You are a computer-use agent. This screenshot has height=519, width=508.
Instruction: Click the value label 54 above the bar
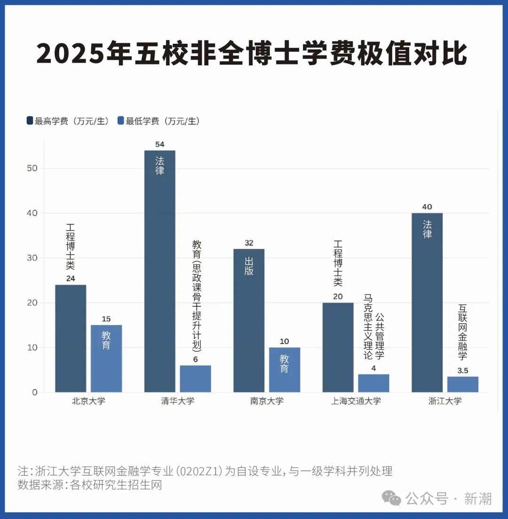coord(159,144)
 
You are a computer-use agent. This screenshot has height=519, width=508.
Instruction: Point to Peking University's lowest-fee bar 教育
coord(106,359)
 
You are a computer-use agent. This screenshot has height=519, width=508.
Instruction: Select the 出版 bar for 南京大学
coord(249,320)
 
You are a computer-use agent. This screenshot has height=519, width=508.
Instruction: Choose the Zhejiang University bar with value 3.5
coord(463,384)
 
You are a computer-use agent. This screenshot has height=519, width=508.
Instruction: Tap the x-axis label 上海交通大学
coord(356,401)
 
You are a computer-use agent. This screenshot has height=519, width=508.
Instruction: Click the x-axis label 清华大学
coord(177,401)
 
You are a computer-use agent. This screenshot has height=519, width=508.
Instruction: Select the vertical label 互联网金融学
coord(462,332)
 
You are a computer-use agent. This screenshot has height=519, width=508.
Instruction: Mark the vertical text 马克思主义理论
coord(368,327)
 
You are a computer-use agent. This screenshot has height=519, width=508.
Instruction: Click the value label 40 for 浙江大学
coord(427,207)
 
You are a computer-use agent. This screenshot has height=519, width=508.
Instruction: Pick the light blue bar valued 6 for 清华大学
coord(195,379)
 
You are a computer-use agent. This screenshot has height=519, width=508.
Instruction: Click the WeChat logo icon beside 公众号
coord(391,497)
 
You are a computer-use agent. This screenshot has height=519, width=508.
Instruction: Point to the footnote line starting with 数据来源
coord(90,485)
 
